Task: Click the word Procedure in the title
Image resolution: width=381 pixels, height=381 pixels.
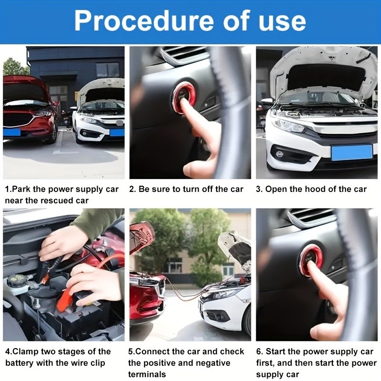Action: (144, 21)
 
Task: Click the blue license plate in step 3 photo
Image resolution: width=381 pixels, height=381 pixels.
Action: (351, 152)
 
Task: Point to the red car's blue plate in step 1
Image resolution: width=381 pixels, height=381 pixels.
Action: (11, 132)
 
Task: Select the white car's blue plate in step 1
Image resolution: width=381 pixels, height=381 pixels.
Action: (117, 133)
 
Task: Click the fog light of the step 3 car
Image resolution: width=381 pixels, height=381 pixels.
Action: (280, 154)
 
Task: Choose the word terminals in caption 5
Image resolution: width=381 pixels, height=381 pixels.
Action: (147, 374)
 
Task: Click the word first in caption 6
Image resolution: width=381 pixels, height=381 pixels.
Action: (265, 363)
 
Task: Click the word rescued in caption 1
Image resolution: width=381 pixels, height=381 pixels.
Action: (56, 201)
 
